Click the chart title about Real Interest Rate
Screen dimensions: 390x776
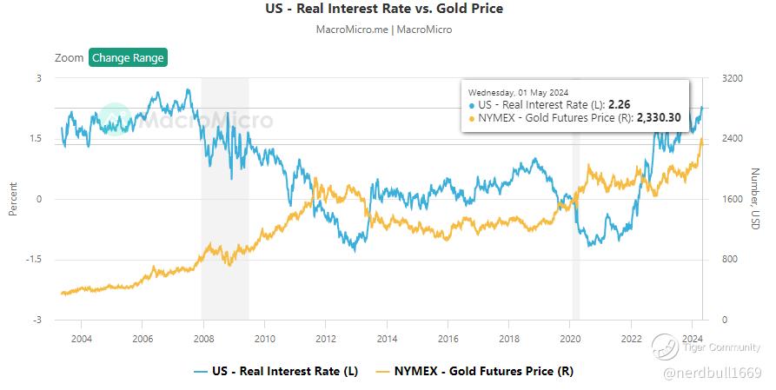[383, 10]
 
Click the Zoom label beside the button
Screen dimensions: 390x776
[69, 58]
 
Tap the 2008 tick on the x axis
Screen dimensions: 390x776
[202, 338]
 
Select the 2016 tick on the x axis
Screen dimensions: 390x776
[448, 338]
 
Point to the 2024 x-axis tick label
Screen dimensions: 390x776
[692, 338]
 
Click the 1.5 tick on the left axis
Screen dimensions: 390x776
[36, 138]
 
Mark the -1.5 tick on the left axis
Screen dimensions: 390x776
[34, 260]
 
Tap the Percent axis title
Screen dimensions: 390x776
[13, 199]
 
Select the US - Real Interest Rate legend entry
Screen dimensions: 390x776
[275, 372]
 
